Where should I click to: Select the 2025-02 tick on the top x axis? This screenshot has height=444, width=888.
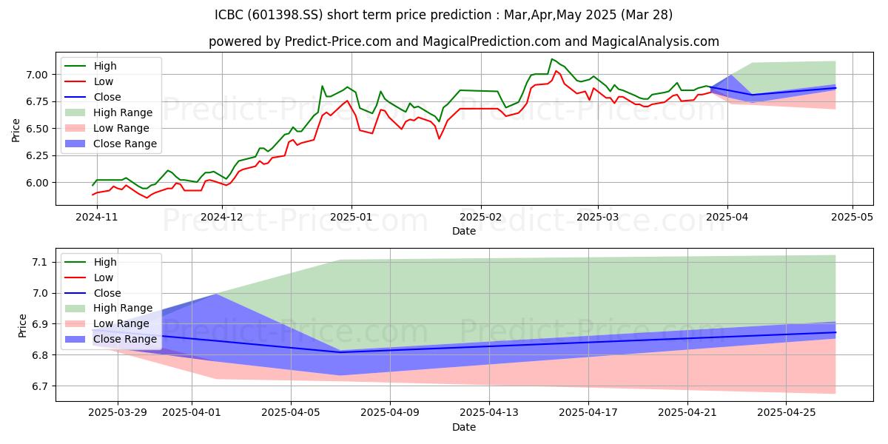(481, 217)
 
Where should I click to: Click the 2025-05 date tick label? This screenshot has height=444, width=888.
(853, 217)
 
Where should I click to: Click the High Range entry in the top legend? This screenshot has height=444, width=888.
(123, 112)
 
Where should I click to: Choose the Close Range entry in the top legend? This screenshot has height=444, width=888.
(125, 144)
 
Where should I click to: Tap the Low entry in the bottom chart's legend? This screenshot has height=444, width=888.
(104, 277)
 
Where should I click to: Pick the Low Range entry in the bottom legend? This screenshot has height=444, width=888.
(121, 323)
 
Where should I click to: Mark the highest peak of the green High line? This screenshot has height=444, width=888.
(551, 59)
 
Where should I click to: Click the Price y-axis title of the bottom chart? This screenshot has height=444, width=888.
(22, 324)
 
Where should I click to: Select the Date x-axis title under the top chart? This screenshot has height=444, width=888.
(464, 231)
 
